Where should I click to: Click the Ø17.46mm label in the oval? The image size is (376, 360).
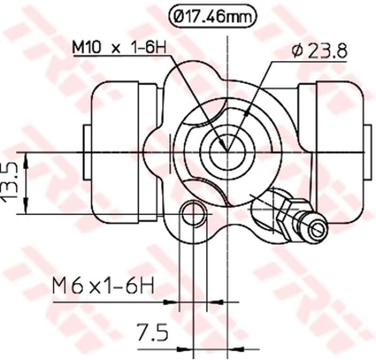pos(212,17)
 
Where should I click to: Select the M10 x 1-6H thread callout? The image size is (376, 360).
pos(119,48)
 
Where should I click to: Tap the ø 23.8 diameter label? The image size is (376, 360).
pos(319,51)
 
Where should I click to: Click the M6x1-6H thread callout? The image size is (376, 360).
pos(103,285)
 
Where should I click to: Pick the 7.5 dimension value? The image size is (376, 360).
pos(152,332)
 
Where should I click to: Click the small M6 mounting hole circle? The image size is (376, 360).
pos(194,213)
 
